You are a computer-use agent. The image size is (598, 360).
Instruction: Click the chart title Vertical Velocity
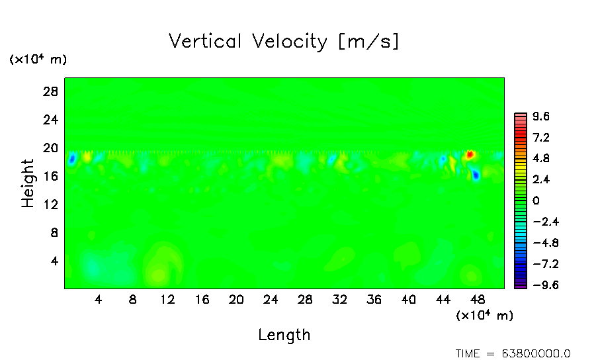coord(284,42)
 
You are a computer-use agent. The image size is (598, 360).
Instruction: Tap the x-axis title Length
coord(284,335)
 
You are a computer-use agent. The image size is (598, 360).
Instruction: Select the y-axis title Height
coord(28,183)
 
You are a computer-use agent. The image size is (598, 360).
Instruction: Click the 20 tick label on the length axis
coord(236,299)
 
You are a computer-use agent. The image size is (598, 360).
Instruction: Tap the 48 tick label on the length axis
coord(478,299)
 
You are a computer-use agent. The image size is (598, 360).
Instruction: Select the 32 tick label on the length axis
coord(339,299)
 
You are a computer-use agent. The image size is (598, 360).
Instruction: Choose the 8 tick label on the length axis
coord(133,299)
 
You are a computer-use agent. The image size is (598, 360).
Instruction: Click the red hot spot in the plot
coord(470,155)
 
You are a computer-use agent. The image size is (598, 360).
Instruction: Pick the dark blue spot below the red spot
coord(476,175)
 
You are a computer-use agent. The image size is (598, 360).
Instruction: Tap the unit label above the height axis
coord(38,60)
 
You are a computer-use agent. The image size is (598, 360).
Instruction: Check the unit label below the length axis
coord(484,316)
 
